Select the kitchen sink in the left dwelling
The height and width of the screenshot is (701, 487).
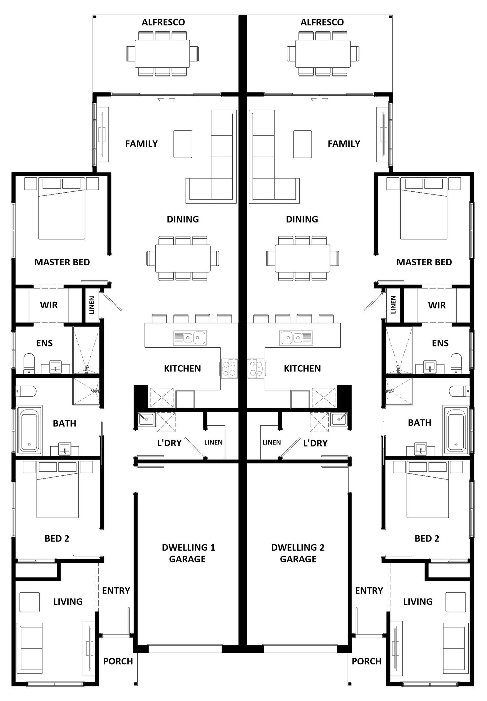[189, 338]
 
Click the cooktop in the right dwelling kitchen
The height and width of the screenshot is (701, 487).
[256, 369]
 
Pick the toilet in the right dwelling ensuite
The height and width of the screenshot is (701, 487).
[456, 363]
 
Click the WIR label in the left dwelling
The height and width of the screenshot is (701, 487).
[49, 305]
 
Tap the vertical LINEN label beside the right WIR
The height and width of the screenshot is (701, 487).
[393, 305]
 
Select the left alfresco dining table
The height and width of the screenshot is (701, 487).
[162, 53]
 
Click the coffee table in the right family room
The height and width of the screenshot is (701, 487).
[303, 144]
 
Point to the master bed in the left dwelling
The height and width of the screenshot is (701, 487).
[61, 208]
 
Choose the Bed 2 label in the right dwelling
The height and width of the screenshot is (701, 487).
[427, 538]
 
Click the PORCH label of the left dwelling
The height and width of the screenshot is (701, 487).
[118, 661]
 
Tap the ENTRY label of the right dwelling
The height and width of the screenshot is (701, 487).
[369, 590]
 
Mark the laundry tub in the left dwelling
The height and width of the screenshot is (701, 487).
[146, 419]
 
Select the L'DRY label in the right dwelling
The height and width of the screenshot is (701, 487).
[315, 443]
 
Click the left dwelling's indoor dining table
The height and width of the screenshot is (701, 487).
[183, 258]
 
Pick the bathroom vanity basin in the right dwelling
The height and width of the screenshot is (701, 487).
[421, 449]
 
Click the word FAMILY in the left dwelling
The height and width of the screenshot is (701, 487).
[141, 144]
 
